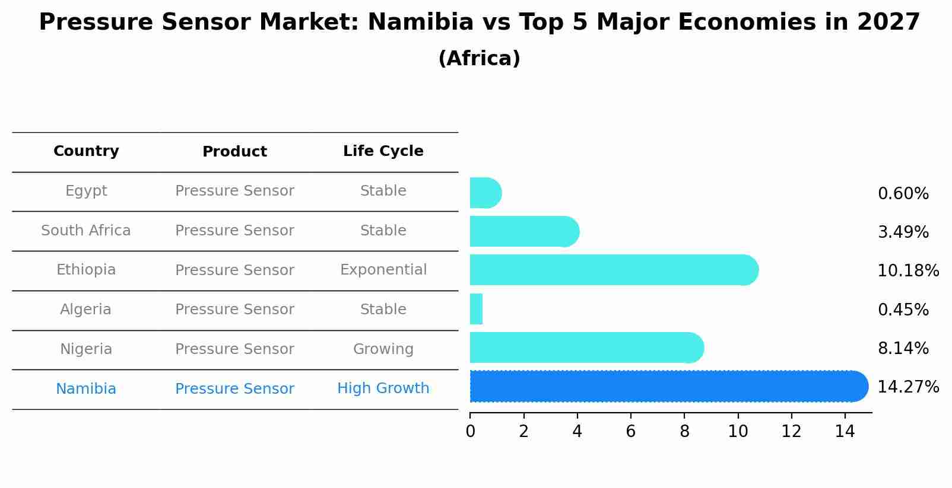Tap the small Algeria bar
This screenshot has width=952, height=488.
[x=476, y=309]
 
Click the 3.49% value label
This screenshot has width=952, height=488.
[x=903, y=232]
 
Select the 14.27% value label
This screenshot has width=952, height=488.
[x=907, y=387]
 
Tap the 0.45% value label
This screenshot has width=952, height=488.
[x=903, y=310]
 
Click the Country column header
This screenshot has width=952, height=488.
[x=86, y=151]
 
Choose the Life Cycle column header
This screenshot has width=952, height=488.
[x=383, y=151]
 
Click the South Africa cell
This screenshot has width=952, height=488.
[x=86, y=231]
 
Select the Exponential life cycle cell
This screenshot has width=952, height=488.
[x=383, y=270]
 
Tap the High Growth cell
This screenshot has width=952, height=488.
[x=383, y=388]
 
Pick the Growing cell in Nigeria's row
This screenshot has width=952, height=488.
[x=383, y=349]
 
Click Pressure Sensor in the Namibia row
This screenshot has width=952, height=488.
[x=234, y=389]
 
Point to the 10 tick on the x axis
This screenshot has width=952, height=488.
[x=738, y=432]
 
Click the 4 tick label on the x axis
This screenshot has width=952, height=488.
[x=577, y=432]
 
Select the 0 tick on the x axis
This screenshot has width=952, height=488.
[x=470, y=432]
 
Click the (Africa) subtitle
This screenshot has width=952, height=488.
[x=479, y=59]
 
